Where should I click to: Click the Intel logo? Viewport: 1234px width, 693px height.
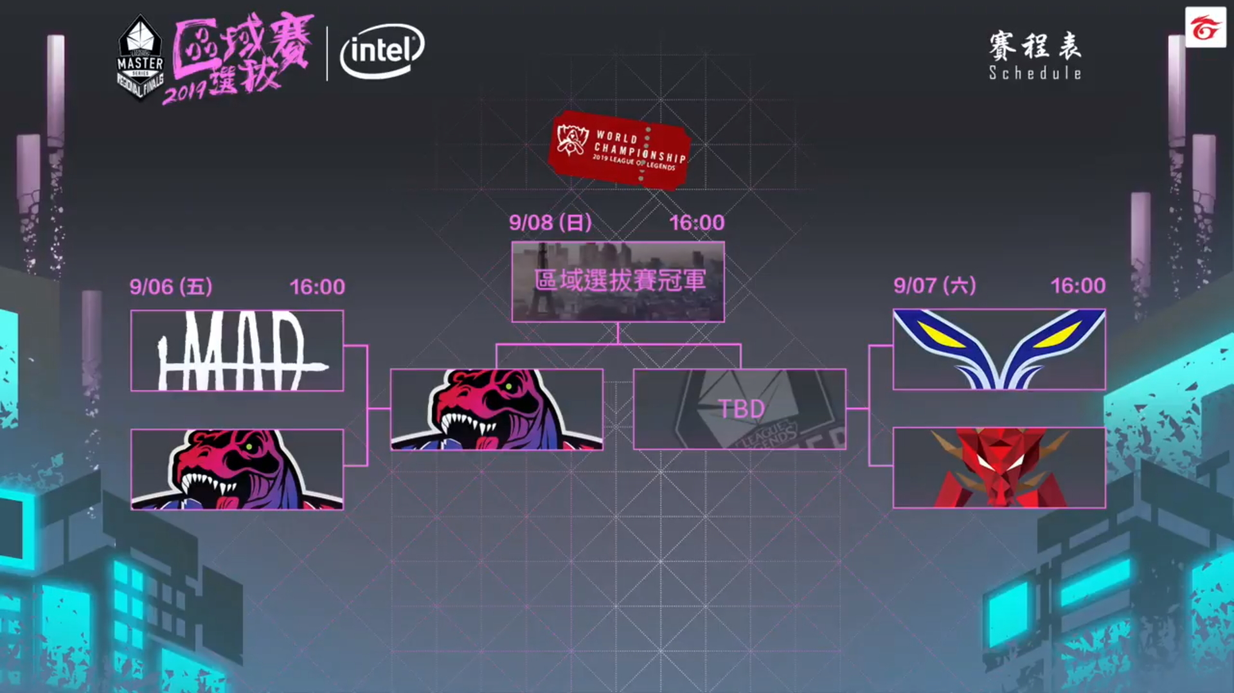382,51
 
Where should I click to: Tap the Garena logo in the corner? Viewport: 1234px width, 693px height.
1205,28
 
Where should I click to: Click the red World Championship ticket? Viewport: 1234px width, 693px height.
620,150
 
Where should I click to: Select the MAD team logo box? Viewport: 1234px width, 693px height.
237,350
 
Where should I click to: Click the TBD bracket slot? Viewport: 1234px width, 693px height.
740,409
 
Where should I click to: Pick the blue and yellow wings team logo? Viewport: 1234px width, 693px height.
999,349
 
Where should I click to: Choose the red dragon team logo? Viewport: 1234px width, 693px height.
999,467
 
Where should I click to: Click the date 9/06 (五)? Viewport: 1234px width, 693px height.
171,287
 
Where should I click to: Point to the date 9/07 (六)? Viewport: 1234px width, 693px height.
934,285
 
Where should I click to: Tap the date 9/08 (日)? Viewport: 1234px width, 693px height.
550,222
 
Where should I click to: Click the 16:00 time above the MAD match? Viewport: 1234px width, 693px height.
317,287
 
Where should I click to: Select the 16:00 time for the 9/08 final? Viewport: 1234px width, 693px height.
697,222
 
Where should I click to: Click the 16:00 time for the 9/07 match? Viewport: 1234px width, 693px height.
1078,285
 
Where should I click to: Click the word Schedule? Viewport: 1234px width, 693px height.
1035,73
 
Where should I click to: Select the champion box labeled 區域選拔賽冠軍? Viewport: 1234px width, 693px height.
618,281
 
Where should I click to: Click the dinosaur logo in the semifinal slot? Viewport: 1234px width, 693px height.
496,409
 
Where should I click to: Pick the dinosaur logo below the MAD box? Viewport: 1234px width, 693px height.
237,469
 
